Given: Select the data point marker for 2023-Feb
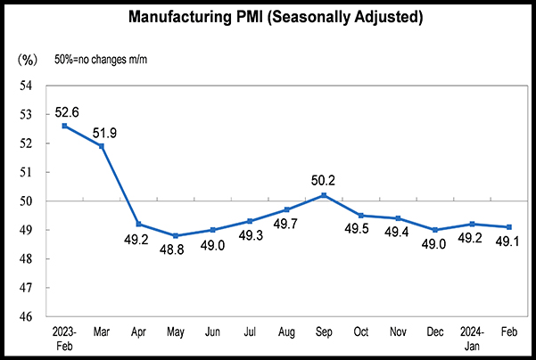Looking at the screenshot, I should pos(64,126).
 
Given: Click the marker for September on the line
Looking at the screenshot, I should pos(324,195).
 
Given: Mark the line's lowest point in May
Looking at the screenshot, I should pos(176,235).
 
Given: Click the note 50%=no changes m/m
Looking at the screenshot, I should pos(100,59).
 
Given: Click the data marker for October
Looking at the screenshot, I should pos(360,216).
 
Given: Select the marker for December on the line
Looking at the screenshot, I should pos(434,230).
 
